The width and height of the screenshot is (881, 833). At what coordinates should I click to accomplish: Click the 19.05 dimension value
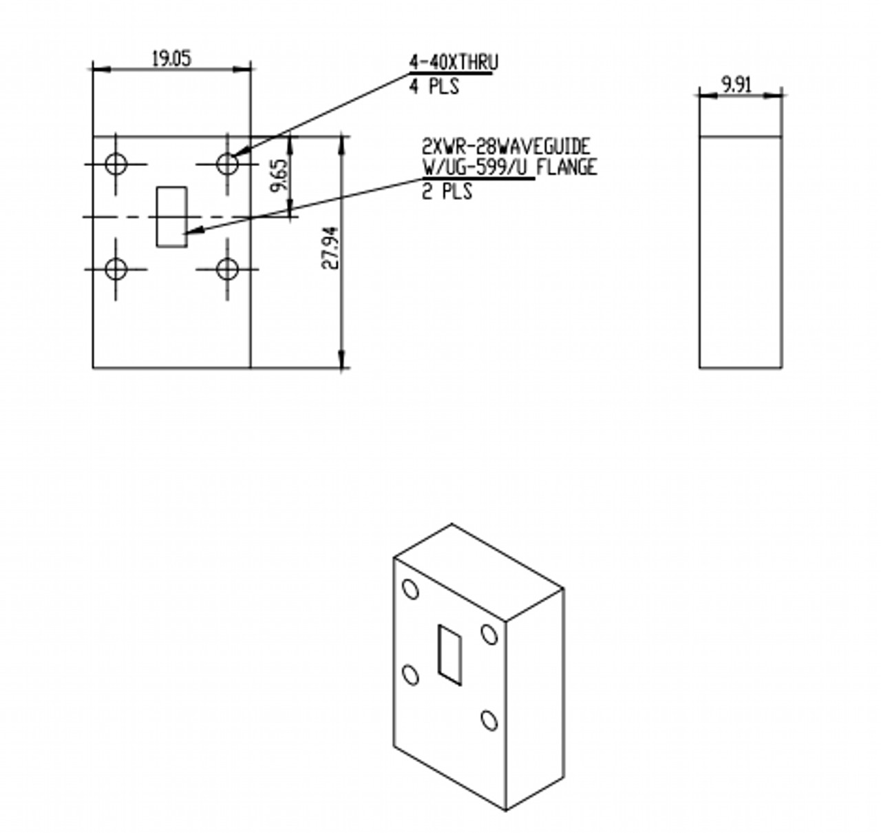pyautogui.click(x=171, y=59)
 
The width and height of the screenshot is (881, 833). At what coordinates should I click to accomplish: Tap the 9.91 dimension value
pyautogui.click(x=737, y=85)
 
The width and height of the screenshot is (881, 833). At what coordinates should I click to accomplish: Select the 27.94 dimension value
pyautogui.click(x=331, y=248)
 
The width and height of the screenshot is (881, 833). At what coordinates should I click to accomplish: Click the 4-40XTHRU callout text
pyautogui.click(x=454, y=62)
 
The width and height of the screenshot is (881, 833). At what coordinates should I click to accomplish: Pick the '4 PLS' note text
pyautogui.click(x=434, y=85)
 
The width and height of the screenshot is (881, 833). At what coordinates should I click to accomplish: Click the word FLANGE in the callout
pyautogui.click(x=566, y=168)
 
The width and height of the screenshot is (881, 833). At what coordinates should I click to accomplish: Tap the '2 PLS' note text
pyautogui.click(x=447, y=192)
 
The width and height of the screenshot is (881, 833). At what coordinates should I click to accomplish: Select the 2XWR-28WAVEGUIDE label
pyautogui.click(x=506, y=146)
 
